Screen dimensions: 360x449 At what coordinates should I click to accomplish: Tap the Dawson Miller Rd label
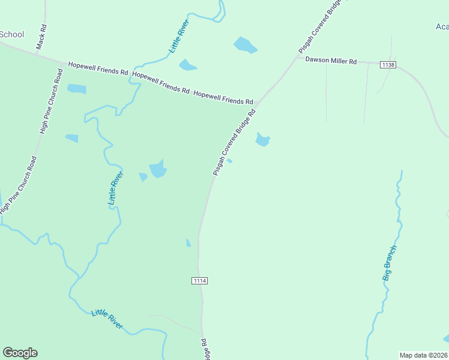click(x=331, y=61)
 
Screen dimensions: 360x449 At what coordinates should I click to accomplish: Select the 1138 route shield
click(x=387, y=64)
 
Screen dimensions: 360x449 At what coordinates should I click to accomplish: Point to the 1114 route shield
click(x=200, y=281)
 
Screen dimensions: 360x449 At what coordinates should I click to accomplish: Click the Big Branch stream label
click(x=390, y=263)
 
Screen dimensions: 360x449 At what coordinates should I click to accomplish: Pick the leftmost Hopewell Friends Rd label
click(x=98, y=68)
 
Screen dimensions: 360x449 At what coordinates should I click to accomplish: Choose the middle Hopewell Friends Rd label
click(x=161, y=83)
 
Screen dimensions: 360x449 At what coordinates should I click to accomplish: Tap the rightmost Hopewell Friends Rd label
click(x=223, y=98)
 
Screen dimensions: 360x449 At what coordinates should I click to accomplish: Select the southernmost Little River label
click(x=107, y=319)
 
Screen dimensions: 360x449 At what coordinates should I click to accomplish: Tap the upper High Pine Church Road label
click(x=52, y=101)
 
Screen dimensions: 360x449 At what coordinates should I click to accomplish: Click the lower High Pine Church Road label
click(x=18, y=185)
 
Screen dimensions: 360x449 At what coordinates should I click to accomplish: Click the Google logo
click(x=20, y=353)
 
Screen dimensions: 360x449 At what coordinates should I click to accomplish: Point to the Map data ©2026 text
click(x=423, y=355)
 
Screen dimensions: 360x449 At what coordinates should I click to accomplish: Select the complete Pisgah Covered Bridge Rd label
click(x=234, y=142)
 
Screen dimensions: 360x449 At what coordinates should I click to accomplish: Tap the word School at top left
click(x=11, y=34)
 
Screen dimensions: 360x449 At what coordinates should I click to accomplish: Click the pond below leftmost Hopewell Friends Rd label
click(x=76, y=89)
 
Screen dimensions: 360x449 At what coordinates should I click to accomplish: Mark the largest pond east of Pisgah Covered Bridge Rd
click(x=262, y=140)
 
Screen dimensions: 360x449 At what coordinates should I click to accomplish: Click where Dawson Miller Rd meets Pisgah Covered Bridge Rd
click(x=297, y=58)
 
